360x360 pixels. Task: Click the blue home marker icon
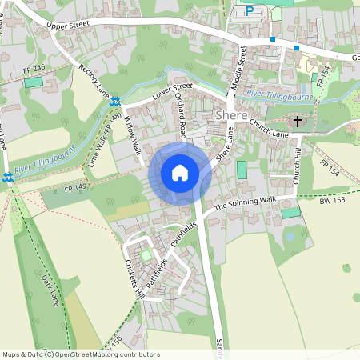pos(180,172)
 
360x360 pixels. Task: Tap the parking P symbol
pos(249,11)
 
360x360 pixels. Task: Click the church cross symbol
pos(298,122)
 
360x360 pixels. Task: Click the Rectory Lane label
pos(93,80)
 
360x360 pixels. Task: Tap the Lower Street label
pos(173,92)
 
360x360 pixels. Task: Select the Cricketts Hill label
pos(133,278)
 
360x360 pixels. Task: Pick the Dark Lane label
pos(50,289)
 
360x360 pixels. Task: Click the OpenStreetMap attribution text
pos(81,354)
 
